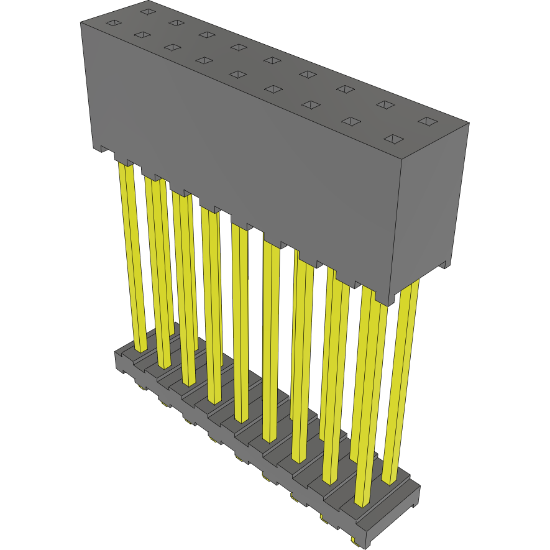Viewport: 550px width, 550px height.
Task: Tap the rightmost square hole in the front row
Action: pyautogui.click(x=394, y=138)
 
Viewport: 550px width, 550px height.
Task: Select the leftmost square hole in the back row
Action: pyautogui.click(x=147, y=11)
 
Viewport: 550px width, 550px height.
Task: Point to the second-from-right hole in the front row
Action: pyautogui.click(x=351, y=121)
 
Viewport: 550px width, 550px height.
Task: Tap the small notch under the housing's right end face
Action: pyautogui.click(x=442, y=265)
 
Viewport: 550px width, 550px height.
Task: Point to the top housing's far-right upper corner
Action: pyautogui.click(x=467, y=124)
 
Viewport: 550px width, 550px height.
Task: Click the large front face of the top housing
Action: pyautogui.click(x=242, y=155)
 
